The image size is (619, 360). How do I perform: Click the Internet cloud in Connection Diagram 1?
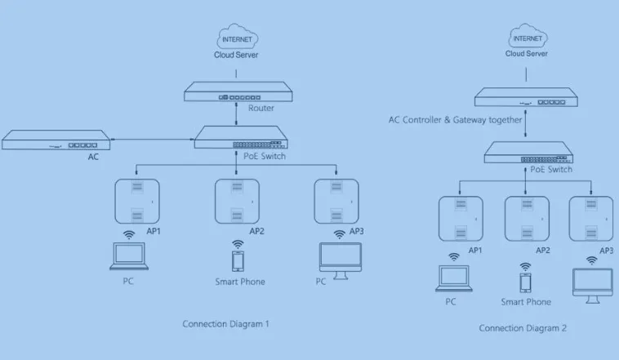pyautogui.click(x=237, y=38)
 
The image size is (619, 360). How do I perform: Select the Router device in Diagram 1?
pyautogui.click(x=237, y=93)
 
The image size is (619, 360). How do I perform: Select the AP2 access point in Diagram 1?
pyautogui.click(x=237, y=201)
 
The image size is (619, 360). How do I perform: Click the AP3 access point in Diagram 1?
pyautogui.click(x=337, y=201)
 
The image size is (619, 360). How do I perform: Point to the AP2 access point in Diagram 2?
pyautogui.click(x=526, y=219)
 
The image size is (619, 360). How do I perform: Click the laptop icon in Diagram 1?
pyautogui.click(x=131, y=256)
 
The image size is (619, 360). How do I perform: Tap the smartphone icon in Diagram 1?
pyautogui.click(x=238, y=261)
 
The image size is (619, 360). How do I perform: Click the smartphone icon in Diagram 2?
pyautogui.click(x=526, y=282)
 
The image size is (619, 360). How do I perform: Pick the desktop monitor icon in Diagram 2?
pyautogui.click(x=593, y=282)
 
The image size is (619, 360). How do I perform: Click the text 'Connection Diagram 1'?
pyautogui.click(x=225, y=324)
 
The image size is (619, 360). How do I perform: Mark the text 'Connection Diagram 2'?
pyautogui.click(x=522, y=328)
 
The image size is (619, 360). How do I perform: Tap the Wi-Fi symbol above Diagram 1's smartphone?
pyautogui.click(x=238, y=243)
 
